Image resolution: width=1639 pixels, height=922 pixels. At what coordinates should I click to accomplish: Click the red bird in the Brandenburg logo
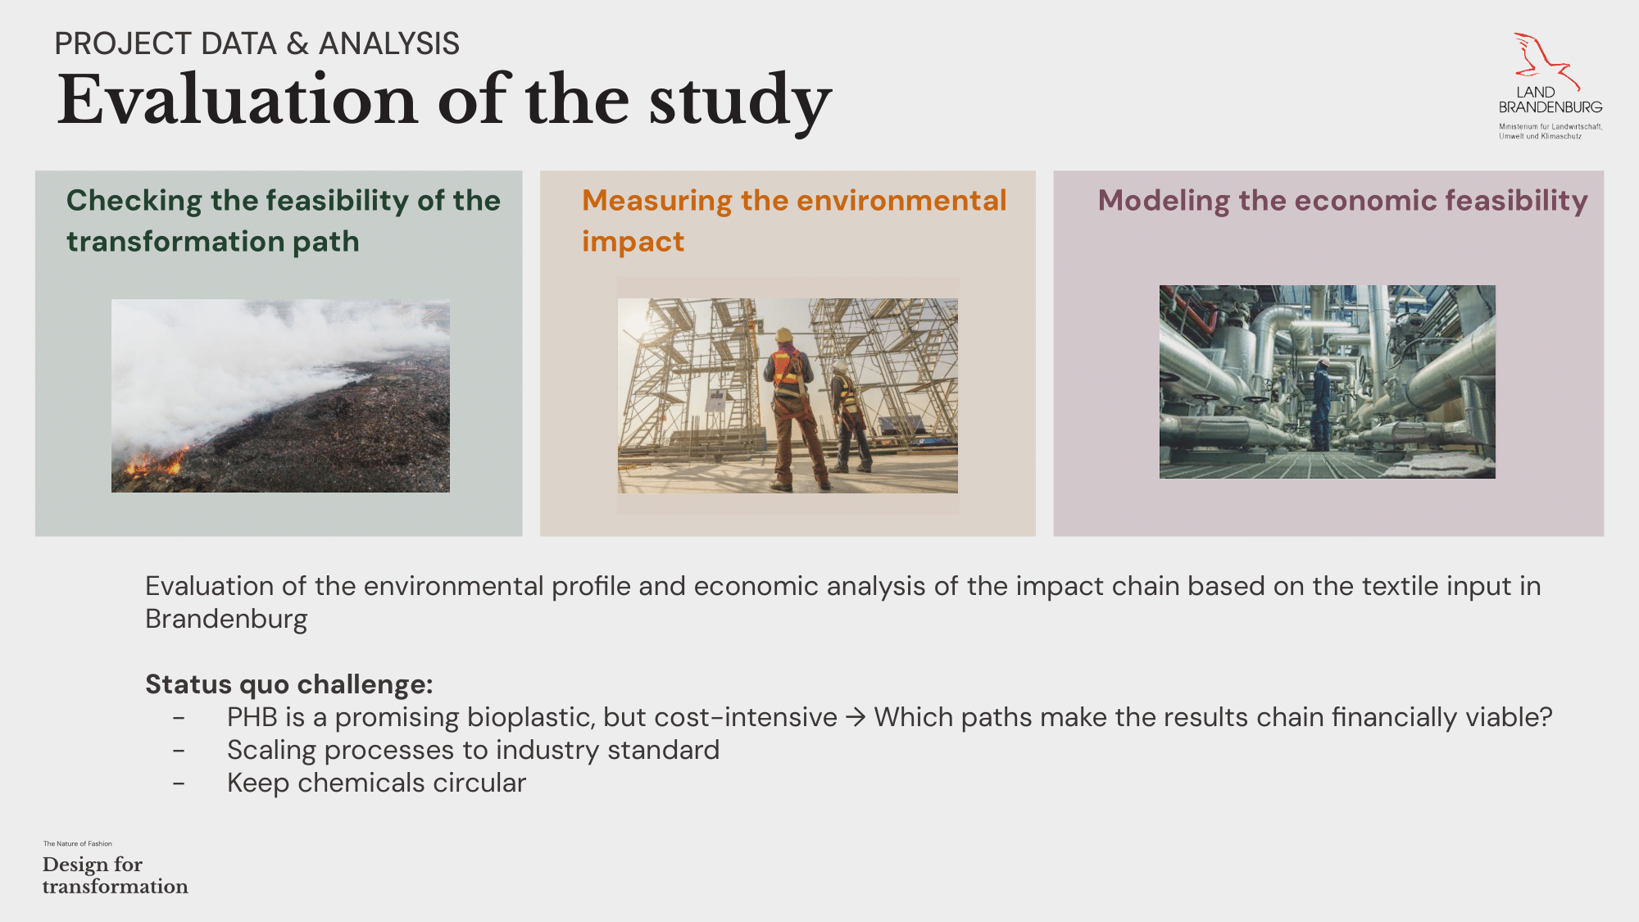point(1544,60)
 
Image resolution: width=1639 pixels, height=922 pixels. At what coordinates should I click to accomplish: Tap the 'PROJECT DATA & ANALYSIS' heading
point(257,43)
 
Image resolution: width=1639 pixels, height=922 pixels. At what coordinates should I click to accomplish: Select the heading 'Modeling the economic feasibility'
point(1342,201)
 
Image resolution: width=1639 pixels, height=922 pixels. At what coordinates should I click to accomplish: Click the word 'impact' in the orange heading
point(633,243)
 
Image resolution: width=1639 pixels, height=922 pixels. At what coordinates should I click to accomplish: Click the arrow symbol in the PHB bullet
point(856,718)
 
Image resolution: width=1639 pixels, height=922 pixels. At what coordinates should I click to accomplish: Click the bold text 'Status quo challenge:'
point(289,684)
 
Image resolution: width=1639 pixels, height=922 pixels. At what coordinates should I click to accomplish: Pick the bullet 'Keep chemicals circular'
point(376,783)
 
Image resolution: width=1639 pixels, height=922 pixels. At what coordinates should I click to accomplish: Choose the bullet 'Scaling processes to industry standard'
point(473,750)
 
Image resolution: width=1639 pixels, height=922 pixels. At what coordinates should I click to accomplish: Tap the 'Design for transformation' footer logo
point(115,875)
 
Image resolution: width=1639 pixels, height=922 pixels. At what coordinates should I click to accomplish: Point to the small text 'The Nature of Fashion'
point(78,843)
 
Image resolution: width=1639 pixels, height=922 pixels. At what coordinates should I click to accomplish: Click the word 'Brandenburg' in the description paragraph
point(226,620)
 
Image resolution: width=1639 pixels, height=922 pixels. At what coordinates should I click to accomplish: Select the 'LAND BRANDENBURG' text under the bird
point(1550,100)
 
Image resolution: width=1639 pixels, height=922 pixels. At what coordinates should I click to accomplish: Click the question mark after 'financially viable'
point(1546,717)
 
